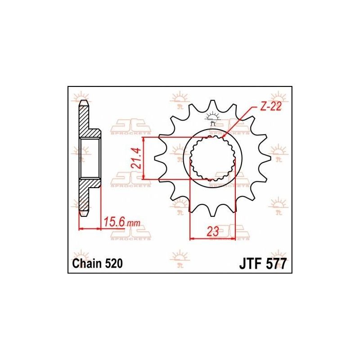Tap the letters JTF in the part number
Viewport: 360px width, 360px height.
coord(249,264)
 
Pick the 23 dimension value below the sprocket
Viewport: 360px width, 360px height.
coord(213,232)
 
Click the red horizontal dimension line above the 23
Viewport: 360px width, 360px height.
coord(213,239)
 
